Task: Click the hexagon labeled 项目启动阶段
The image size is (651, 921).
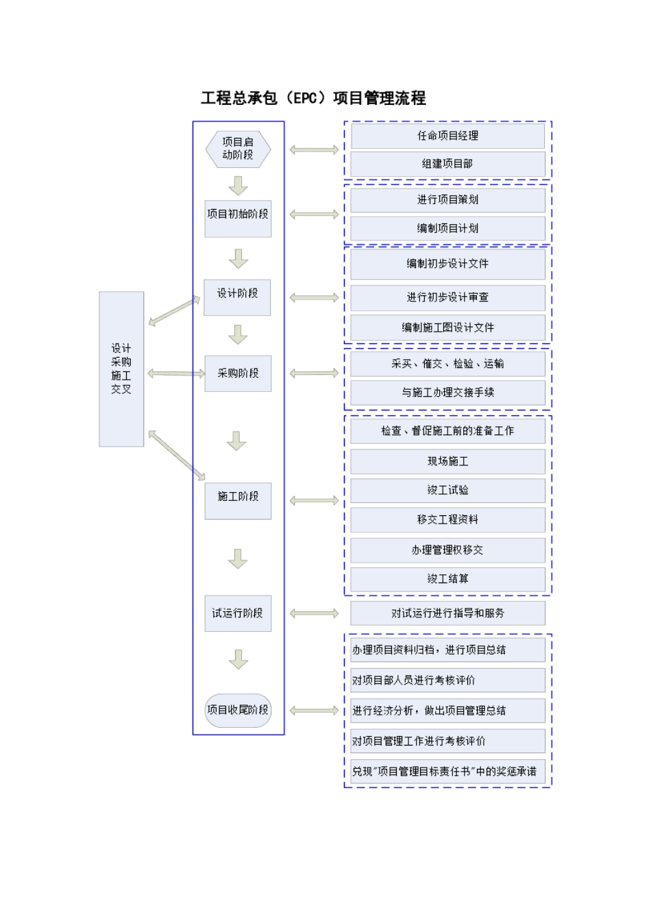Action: [x=238, y=149]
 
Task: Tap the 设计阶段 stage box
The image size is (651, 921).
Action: [x=238, y=297]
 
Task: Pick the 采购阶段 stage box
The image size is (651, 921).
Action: [x=238, y=373]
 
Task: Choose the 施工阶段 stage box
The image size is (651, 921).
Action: [x=238, y=500]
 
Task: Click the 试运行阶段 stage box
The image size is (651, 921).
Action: [x=238, y=613]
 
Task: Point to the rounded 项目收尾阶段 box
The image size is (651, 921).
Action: [x=238, y=710]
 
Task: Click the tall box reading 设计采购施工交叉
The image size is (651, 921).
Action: [x=121, y=369]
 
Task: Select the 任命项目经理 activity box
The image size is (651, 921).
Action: [x=447, y=136]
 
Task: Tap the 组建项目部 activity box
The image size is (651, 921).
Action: [x=447, y=164]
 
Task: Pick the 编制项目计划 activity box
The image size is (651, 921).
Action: [x=447, y=228]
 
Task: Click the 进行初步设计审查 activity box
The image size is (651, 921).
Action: [x=447, y=297]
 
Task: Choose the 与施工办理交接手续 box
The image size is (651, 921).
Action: [x=447, y=393]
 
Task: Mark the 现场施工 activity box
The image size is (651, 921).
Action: [x=447, y=461]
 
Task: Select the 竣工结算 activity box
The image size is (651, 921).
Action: [x=447, y=579]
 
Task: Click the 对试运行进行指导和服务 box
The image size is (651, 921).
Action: [x=447, y=613]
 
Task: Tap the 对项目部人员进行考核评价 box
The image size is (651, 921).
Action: [x=447, y=680]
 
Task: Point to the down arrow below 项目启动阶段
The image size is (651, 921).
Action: [x=238, y=186]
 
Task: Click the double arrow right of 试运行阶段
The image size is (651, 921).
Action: [x=314, y=613]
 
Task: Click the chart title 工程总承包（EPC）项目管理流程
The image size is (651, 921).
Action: [x=313, y=98]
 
